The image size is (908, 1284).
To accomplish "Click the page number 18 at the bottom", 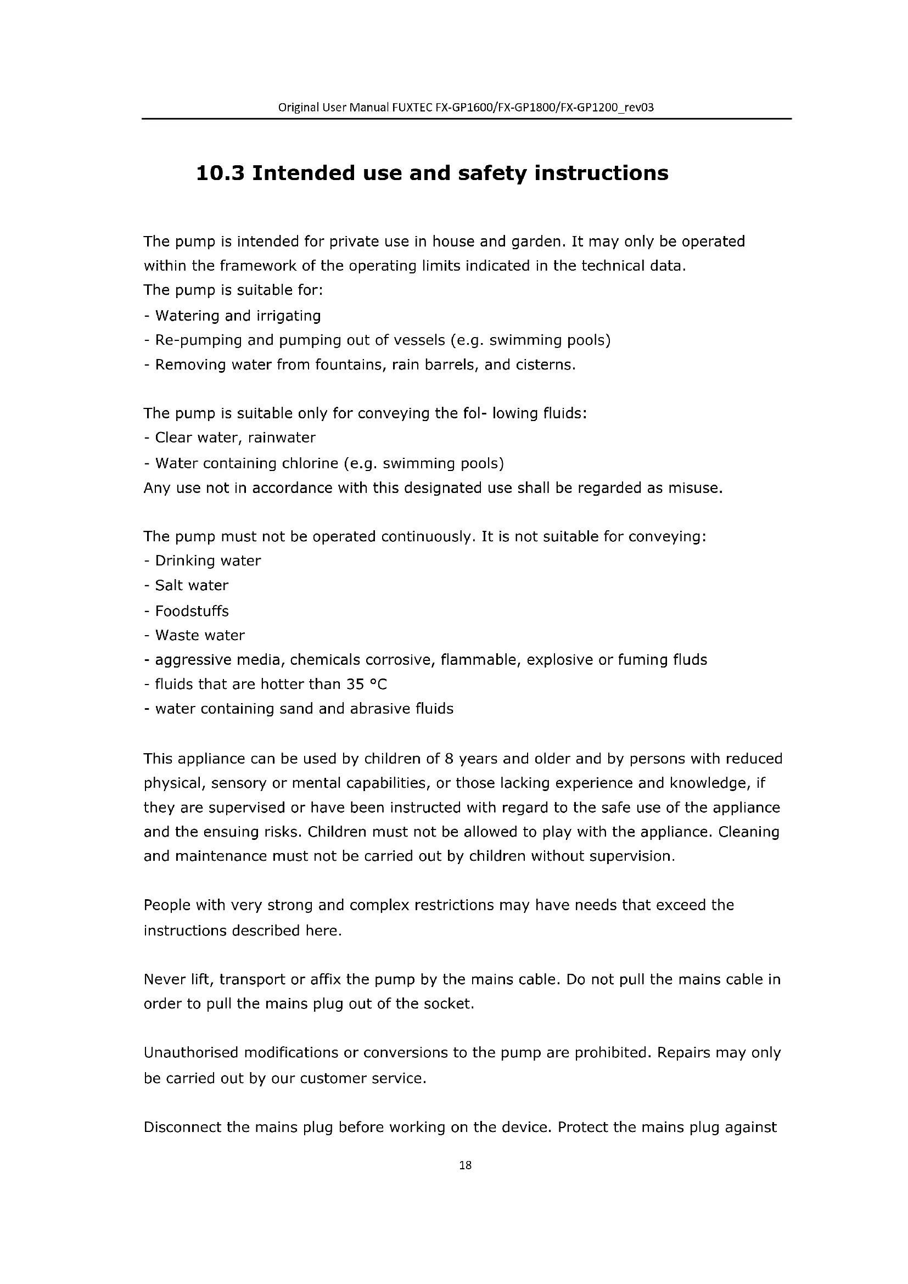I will tap(465, 1165).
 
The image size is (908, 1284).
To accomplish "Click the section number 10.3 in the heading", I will tap(220, 173).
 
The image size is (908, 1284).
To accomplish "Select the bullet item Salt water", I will tap(191, 586).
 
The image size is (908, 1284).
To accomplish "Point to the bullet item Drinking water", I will tap(208, 561).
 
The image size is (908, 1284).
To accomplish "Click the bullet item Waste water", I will tap(200, 635).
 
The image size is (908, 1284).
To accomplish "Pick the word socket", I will tap(450, 1004).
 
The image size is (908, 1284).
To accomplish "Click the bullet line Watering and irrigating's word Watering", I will tap(187, 316).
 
